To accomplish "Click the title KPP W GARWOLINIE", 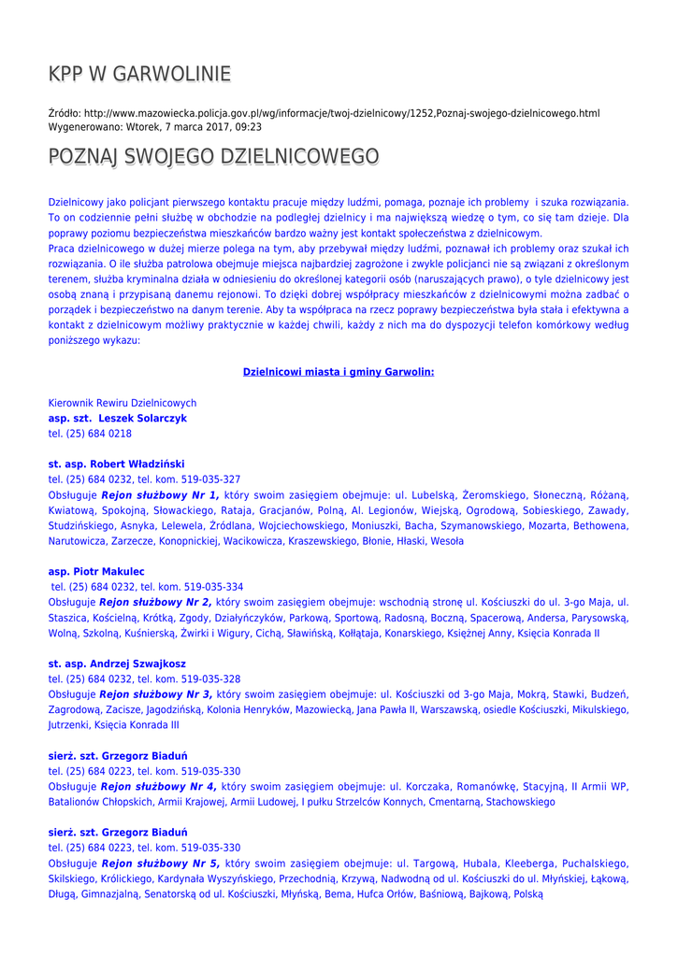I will [x=139, y=74].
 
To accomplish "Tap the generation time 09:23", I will [x=248, y=127].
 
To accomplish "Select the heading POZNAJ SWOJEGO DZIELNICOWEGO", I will [x=213, y=156].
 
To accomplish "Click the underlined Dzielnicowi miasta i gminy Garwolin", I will [x=339, y=372].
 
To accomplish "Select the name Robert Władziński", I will [x=137, y=464].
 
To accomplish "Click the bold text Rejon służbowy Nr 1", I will [x=160, y=495].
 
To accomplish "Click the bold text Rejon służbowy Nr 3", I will [x=155, y=694].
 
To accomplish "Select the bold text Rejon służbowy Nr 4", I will [x=159, y=787].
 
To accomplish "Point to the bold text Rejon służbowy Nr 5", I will [x=160, y=864].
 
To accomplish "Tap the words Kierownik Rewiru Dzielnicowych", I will [x=123, y=403].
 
